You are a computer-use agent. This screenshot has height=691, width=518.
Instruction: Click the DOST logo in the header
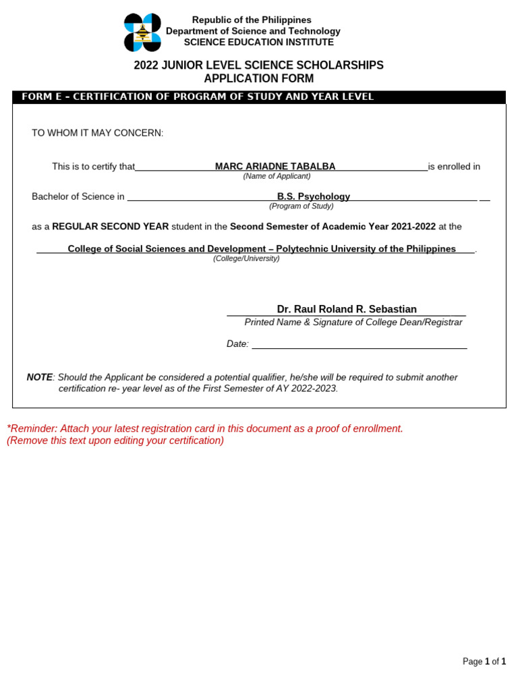pyautogui.click(x=142, y=32)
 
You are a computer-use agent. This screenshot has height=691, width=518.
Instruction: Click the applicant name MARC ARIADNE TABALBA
pyautogui.click(x=275, y=167)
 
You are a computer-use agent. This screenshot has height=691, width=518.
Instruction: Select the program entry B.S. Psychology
pyautogui.click(x=314, y=197)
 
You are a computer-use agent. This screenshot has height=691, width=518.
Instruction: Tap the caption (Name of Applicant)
pyautogui.click(x=277, y=176)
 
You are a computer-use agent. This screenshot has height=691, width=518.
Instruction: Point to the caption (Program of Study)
pyautogui.click(x=301, y=206)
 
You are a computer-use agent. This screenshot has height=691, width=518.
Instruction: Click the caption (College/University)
pyautogui.click(x=246, y=258)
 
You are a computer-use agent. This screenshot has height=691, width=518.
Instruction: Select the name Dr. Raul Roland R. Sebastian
pyautogui.click(x=347, y=309)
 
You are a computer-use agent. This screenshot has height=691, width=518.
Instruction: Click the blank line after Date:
pyautogui.click(x=359, y=344)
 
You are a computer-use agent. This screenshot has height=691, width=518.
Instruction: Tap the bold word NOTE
pyautogui.click(x=39, y=377)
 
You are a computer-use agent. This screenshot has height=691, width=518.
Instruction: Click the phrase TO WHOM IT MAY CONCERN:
pyautogui.click(x=98, y=133)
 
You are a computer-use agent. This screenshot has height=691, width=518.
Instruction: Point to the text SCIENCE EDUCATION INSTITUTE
pyautogui.click(x=259, y=42)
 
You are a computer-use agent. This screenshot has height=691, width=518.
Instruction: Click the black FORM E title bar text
pyautogui.click(x=198, y=97)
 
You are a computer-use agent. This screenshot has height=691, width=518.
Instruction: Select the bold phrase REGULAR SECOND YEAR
pyautogui.click(x=111, y=227)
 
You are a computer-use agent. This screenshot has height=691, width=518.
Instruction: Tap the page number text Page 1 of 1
pyautogui.click(x=484, y=661)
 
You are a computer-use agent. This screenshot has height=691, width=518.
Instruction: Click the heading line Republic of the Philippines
pyautogui.click(x=252, y=20)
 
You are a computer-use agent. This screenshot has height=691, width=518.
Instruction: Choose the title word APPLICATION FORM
pyautogui.click(x=259, y=79)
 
